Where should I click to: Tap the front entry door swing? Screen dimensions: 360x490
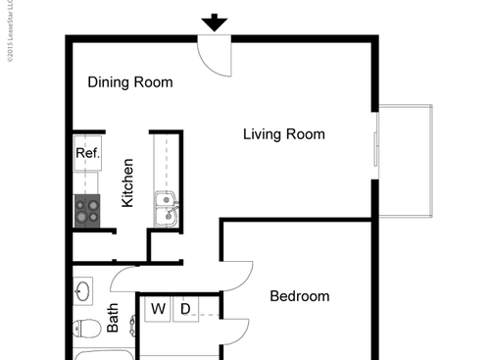pos(216,54)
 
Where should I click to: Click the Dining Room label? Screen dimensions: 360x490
pos(130,82)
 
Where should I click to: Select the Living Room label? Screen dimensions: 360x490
pos(283,134)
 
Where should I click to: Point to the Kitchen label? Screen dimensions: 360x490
pos(127,182)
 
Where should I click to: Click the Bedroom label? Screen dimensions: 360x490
pos(299,296)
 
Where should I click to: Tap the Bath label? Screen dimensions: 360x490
pos(113,317)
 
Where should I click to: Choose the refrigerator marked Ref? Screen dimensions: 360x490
pos(87,153)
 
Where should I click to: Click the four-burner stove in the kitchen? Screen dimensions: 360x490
pos(87,210)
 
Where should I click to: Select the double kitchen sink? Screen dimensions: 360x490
pos(166,210)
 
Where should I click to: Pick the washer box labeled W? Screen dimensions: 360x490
pos(157,310)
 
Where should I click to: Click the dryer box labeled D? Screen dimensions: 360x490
pos(185,310)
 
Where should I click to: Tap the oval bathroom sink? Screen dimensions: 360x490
pos(83,291)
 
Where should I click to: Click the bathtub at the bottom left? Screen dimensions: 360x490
pos(98,354)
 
